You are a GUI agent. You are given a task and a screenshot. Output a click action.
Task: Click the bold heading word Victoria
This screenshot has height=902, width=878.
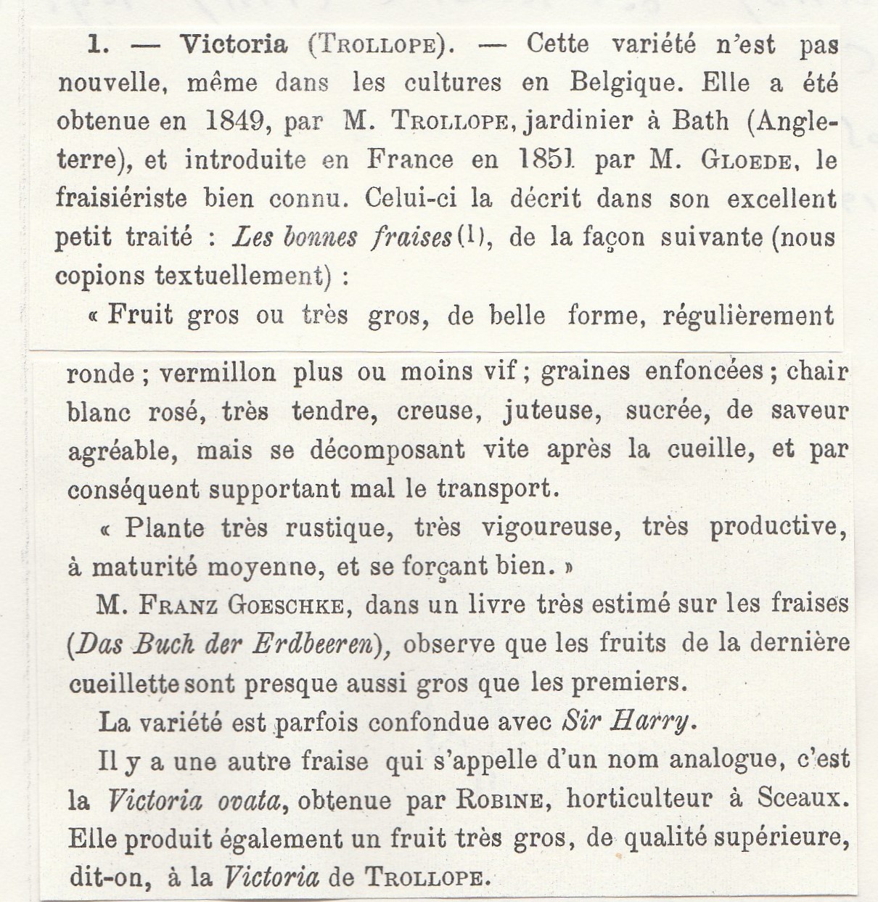[x=234, y=45]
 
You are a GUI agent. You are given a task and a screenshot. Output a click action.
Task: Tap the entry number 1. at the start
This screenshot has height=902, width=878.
[x=98, y=46]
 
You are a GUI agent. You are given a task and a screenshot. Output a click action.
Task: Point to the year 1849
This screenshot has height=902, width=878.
[x=234, y=121]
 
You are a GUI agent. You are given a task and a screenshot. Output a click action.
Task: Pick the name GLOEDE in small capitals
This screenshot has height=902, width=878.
[x=744, y=160]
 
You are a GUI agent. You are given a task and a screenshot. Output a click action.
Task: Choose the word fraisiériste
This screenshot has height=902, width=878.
[x=121, y=198]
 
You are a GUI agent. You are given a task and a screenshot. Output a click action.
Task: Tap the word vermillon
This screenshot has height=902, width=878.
[x=217, y=373]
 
